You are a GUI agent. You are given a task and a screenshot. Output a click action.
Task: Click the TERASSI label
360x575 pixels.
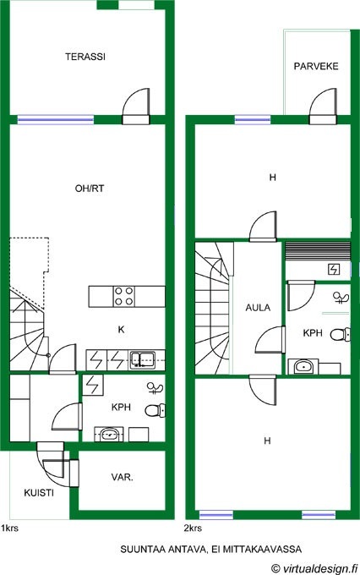pos(85,57)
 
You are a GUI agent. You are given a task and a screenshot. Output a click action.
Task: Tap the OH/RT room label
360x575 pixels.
pos(90,189)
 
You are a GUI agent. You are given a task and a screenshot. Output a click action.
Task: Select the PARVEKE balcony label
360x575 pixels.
pos(316,66)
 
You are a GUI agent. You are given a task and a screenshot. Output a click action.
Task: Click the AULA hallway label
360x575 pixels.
pos(258,308)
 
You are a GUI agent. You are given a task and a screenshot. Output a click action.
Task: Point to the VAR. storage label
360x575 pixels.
pos(123,478)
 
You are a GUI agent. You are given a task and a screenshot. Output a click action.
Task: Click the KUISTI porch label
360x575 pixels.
pos(39,493)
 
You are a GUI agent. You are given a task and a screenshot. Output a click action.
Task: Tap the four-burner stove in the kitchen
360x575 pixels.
pos(124,296)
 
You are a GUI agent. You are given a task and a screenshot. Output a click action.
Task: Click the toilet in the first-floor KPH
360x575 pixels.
pos(155,410)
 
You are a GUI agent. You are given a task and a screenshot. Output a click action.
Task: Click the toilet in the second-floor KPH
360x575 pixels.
pos(341,335)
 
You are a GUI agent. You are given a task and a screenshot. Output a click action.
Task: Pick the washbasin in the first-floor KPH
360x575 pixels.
pos(109,434)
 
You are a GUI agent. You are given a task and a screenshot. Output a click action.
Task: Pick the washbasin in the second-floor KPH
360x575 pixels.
pos(303,366)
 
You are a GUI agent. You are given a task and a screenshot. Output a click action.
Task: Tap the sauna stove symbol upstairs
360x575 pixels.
pos(334,270)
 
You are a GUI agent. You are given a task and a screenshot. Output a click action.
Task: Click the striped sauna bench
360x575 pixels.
pos(318,250)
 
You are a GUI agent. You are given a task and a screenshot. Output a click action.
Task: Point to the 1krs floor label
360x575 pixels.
pos(9,528)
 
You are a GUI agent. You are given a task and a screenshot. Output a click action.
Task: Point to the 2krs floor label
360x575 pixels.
pos(193,528)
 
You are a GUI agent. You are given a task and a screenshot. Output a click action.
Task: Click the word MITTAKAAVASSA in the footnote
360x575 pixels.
pos(262,550)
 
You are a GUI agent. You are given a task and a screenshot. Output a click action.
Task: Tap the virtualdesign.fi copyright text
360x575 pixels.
pos(314,568)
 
